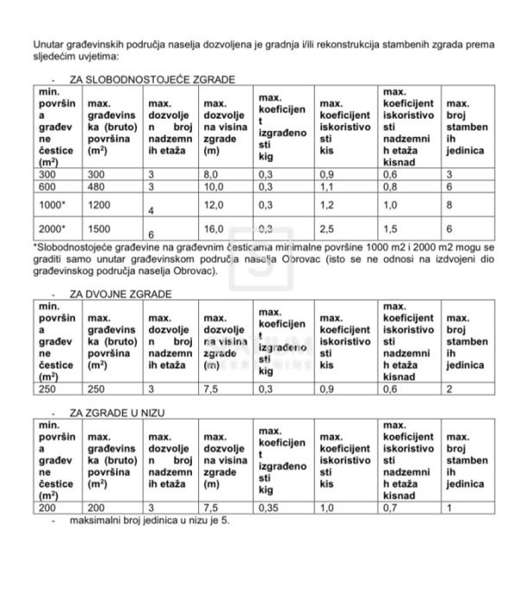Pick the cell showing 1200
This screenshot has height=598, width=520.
coord(100,206)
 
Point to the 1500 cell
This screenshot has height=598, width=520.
coord(100,229)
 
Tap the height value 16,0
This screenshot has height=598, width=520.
coord(214,229)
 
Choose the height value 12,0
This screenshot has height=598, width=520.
coord(214,206)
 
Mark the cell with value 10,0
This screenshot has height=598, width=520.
coord(214,186)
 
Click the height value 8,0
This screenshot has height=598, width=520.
coord(211,174)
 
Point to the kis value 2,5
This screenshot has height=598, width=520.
coord(327,229)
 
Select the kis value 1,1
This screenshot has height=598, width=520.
coord(327,186)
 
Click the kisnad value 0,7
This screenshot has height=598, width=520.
coord(390,509)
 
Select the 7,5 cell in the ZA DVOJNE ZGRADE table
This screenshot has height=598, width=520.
coord(211,389)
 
